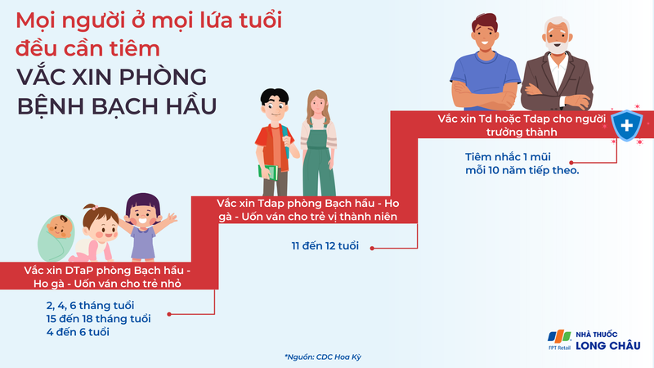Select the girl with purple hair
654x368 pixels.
pyautogui.click(x=144, y=224)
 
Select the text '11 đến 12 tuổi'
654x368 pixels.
pyautogui.click(x=325, y=245)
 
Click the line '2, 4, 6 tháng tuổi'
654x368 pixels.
pyautogui.click(x=90, y=305)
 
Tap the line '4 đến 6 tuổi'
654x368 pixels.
pyautogui.click(x=78, y=332)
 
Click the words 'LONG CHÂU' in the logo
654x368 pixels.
pyautogui.click(x=608, y=345)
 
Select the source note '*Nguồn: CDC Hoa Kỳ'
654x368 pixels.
pyautogui.click(x=326, y=357)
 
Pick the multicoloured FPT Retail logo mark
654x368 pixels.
pyautogui.click(x=558, y=338)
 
